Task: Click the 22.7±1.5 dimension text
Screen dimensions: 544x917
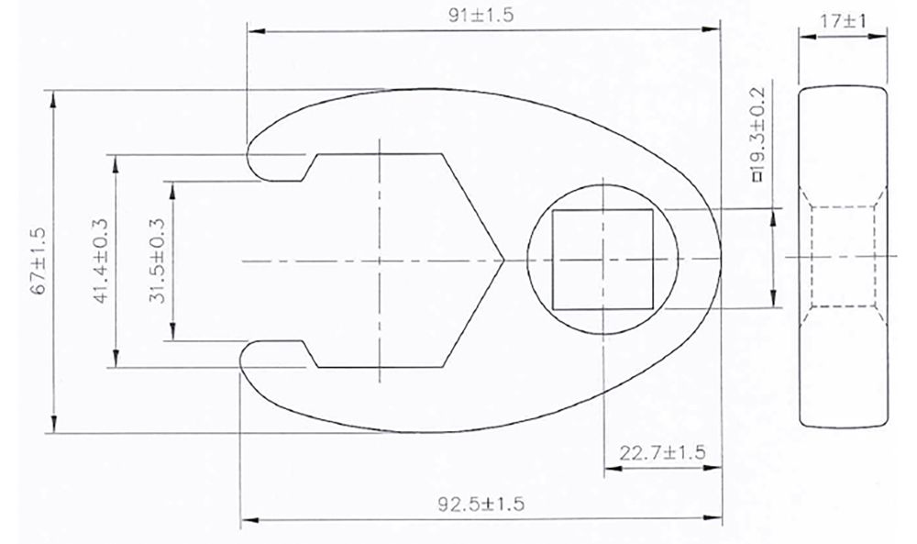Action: coord(661,453)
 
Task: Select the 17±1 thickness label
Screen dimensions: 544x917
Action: coord(844,21)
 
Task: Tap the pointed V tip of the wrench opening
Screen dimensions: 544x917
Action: coord(503,261)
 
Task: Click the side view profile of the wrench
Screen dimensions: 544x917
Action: coord(844,258)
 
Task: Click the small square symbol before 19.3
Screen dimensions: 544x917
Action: coord(757,179)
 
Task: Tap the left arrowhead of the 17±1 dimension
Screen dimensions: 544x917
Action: coord(803,38)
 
